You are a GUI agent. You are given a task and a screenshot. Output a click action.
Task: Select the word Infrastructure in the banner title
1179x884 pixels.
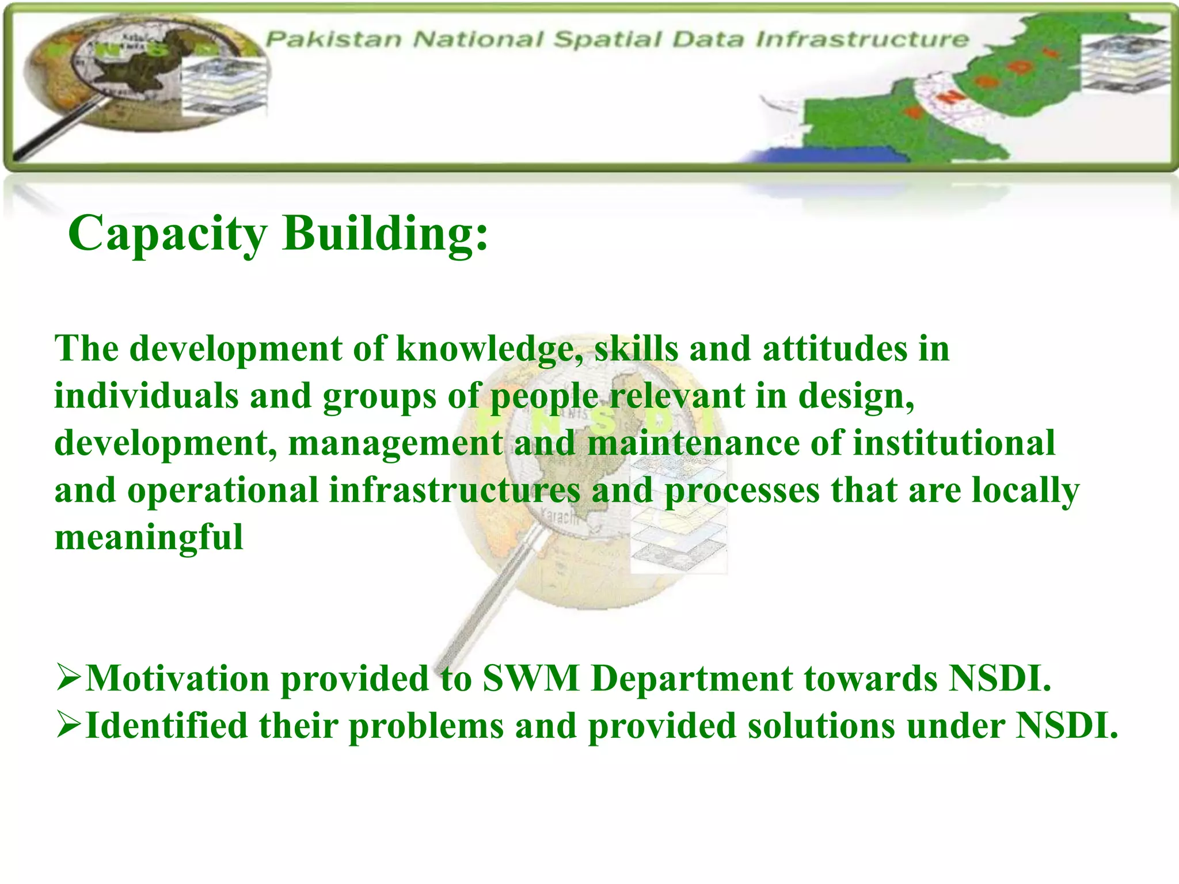(x=862, y=39)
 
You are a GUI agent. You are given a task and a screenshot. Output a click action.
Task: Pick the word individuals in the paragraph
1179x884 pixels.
(x=146, y=397)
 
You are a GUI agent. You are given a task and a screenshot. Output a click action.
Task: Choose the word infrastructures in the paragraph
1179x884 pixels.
(x=455, y=491)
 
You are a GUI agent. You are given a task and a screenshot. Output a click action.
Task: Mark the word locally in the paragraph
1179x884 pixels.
(x=1025, y=491)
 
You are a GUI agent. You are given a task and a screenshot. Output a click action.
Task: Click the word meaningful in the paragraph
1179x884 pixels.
(x=149, y=538)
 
